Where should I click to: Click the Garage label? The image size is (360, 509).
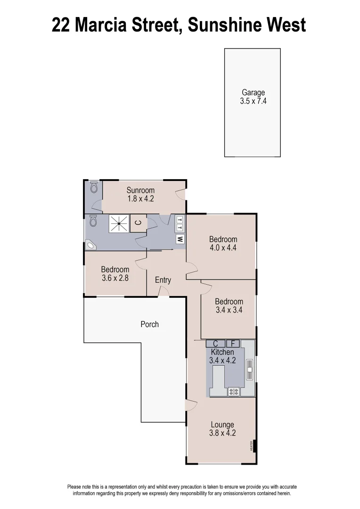pyautogui.click(x=253, y=93)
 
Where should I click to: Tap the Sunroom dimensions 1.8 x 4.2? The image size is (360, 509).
pyautogui.click(x=140, y=199)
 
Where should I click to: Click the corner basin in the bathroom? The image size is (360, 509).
pyautogui.click(x=90, y=245)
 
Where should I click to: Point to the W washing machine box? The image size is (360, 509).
pyautogui.click(x=180, y=239)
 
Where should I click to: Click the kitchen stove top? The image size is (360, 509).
pyautogui.click(x=234, y=391)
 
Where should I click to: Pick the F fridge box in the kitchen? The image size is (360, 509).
pyautogui.click(x=233, y=343)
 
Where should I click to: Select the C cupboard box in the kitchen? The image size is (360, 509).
pyautogui.click(x=215, y=343)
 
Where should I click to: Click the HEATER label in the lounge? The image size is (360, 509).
pyautogui.click(x=251, y=445)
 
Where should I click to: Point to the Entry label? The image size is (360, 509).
pyautogui.click(x=163, y=280)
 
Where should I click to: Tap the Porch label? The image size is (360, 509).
pyautogui.click(x=150, y=324)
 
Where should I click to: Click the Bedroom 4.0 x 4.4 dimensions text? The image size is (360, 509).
pyautogui.click(x=223, y=247)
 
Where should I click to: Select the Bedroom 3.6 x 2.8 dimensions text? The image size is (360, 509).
pyautogui.click(x=115, y=278)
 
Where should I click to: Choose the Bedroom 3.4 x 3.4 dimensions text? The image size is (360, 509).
pyautogui.click(x=229, y=310)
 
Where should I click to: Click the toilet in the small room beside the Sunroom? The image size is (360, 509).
pyautogui.click(x=93, y=188)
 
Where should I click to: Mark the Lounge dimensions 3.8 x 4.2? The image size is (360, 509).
pyautogui.click(x=222, y=433)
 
